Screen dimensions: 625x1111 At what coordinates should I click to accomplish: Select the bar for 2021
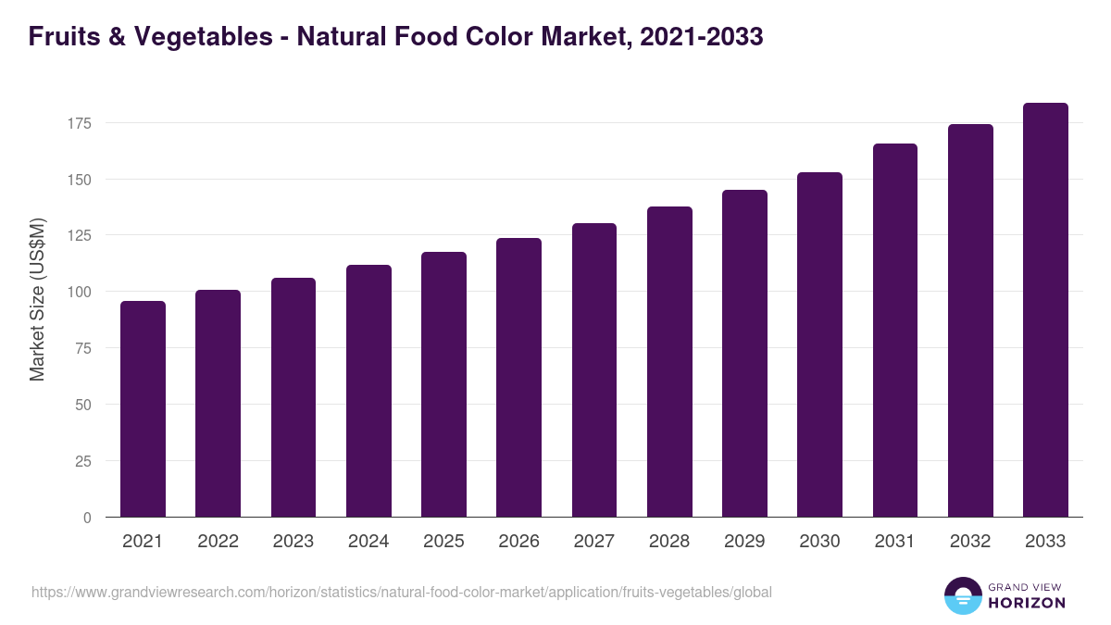143,408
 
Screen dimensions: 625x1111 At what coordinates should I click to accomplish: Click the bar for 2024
368,391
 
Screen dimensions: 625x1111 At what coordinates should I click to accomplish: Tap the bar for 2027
594,369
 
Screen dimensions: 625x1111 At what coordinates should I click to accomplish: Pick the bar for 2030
819,344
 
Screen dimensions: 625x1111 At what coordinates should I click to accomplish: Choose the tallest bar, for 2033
1045,309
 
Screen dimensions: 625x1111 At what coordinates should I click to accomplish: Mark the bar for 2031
895,330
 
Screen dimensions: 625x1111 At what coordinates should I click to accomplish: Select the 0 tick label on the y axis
87,518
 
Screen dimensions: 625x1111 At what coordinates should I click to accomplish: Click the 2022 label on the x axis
218,542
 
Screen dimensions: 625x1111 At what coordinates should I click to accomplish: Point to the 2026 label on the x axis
518,542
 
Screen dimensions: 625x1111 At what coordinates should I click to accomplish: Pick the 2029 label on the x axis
744,542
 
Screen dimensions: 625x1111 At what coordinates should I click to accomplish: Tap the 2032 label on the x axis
970,542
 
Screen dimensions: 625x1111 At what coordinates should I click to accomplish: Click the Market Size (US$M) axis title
37,298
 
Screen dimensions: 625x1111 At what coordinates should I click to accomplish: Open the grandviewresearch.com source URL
401,592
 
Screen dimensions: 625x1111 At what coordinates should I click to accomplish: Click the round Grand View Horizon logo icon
962,596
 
